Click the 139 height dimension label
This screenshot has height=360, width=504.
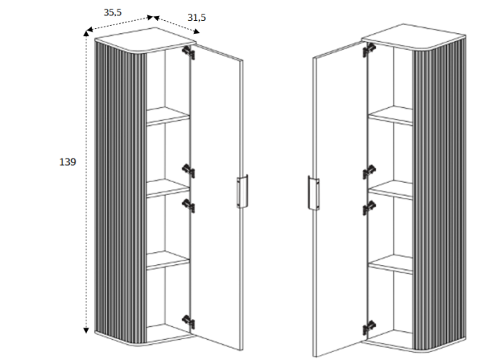(68, 162)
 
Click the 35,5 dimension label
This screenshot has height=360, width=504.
(112, 12)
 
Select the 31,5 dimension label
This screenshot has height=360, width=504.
(197, 18)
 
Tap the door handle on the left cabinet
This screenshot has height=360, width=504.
(243, 192)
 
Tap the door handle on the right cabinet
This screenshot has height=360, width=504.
(314, 193)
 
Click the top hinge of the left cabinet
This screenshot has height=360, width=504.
(189, 53)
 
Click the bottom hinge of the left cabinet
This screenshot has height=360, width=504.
(189, 321)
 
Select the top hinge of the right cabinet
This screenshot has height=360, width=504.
(369, 50)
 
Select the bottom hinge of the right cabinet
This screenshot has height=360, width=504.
(369, 328)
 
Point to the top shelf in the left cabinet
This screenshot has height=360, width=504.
(168, 116)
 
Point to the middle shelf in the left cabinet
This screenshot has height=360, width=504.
(168, 188)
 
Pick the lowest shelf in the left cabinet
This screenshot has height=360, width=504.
(168, 260)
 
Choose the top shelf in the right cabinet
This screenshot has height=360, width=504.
(390, 115)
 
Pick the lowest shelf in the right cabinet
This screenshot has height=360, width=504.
(390, 264)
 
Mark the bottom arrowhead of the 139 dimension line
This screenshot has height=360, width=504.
(86, 330)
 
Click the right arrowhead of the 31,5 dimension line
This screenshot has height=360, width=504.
(196, 32)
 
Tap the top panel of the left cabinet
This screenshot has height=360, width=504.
(145, 40)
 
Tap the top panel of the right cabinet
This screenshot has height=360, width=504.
(414, 37)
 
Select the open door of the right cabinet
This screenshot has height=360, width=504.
(340, 199)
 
